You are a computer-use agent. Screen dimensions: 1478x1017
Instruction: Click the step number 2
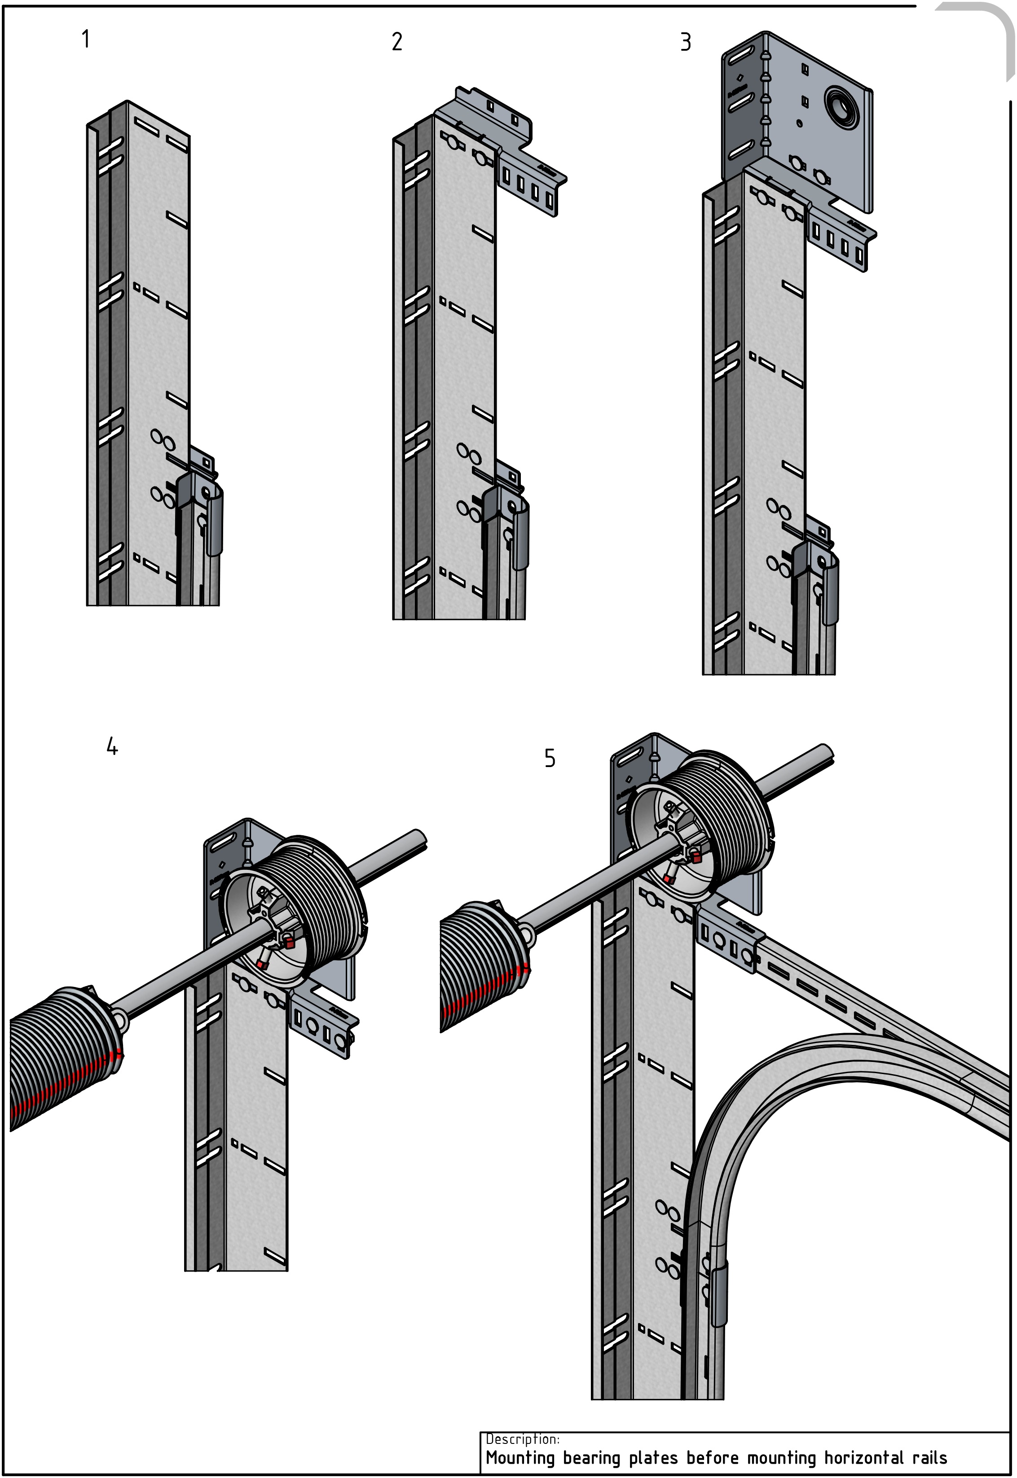[397, 42]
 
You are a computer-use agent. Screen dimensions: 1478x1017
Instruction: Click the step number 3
[686, 43]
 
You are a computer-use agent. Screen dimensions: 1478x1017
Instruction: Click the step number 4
[112, 746]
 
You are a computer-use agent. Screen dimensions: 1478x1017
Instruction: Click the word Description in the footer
[522, 1439]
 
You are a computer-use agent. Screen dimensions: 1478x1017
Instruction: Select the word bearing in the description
[592, 1458]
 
